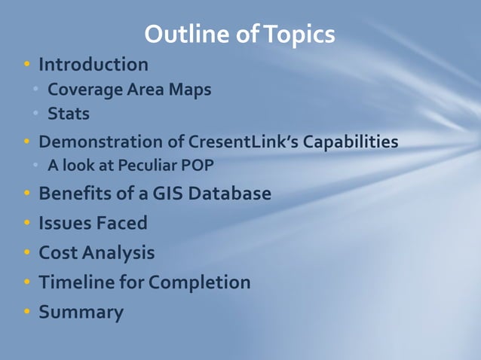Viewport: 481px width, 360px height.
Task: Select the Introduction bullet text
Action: (93, 64)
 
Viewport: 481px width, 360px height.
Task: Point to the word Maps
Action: (188, 90)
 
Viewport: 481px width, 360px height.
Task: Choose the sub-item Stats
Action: (69, 114)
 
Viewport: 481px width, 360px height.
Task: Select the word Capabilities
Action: (346, 142)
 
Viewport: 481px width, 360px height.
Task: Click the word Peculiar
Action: (144, 166)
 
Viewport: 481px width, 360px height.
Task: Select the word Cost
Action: (58, 252)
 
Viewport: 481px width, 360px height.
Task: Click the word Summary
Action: (81, 312)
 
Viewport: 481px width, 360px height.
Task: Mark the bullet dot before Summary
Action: (27, 312)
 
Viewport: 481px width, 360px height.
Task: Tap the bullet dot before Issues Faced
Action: (27, 224)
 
